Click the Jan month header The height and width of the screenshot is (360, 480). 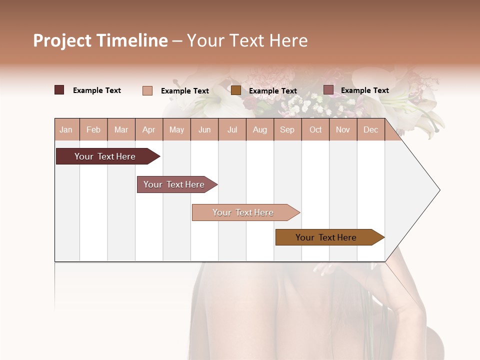(x=66, y=129)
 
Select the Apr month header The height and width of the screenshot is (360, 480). (x=148, y=129)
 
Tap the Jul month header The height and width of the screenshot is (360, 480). (x=232, y=129)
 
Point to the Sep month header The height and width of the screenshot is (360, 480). (x=287, y=129)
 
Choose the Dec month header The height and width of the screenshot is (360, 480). (x=370, y=129)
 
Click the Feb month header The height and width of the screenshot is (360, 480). (x=93, y=129)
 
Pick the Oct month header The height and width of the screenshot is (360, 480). (x=315, y=129)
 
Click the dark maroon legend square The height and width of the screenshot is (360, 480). (x=59, y=90)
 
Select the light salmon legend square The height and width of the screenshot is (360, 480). (x=147, y=90)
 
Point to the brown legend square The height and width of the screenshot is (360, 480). (x=236, y=90)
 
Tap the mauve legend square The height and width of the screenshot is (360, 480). (x=328, y=90)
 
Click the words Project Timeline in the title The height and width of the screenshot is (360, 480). (x=100, y=40)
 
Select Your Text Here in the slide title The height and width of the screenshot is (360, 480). (x=247, y=40)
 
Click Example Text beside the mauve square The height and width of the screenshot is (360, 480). (x=364, y=90)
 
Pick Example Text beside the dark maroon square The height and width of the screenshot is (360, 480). (x=96, y=90)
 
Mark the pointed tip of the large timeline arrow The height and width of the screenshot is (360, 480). (x=439, y=190)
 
